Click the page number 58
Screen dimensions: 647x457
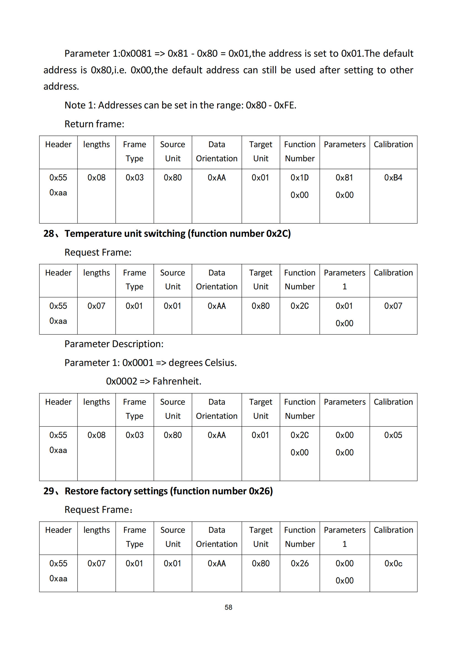click(x=228, y=607)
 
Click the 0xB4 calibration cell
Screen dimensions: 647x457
click(x=393, y=178)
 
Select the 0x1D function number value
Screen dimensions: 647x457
click(x=300, y=178)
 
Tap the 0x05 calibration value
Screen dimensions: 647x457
click(x=393, y=435)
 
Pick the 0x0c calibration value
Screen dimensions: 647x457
click(x=393, y=563)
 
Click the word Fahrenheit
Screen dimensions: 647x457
click(x=177, y=381)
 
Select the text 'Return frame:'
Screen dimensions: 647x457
click(x=94, y=124)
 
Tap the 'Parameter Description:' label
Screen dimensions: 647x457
click(x=114, y=344)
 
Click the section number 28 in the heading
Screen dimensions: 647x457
click(x=48, y=234)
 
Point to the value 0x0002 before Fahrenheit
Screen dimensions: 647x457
click(x=121, y=381)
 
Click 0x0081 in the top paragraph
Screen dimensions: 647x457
click(x=136, y=54)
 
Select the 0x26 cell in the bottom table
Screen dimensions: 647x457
click(x=300, y=563)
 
